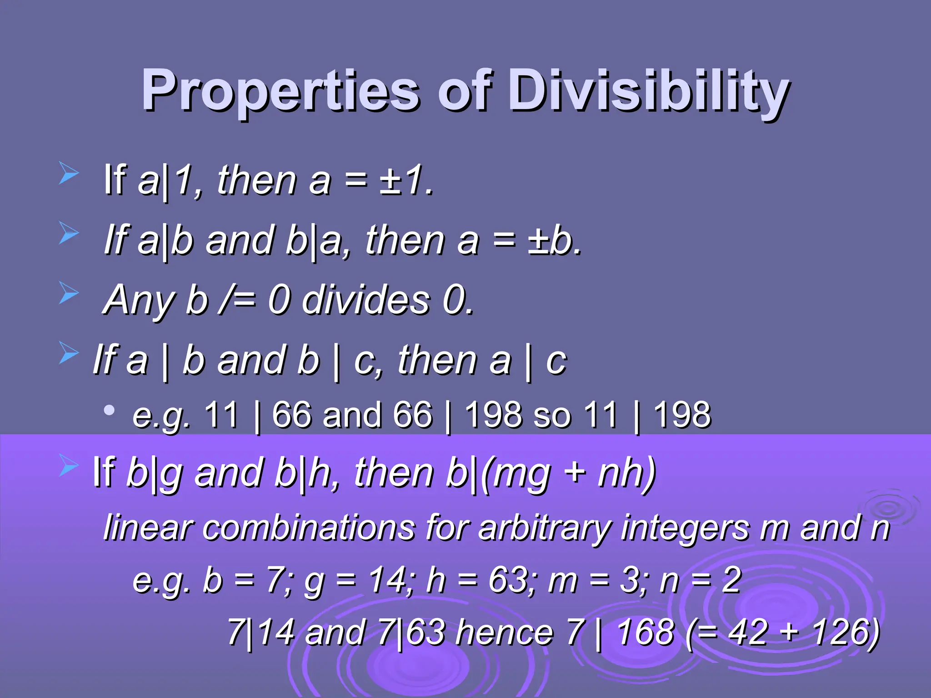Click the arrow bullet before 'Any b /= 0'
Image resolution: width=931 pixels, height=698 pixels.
coord(69,293)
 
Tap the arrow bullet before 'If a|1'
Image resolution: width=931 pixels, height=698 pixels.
coord(69,174)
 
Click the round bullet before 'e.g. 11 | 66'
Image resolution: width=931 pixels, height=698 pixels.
coord(109,410)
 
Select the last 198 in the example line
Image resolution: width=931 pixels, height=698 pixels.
coord(682,414)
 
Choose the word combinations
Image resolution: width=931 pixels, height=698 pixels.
coord(309,528)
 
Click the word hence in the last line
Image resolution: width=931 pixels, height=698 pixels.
coord(505,633)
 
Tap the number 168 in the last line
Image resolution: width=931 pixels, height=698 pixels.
coord(646,633)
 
